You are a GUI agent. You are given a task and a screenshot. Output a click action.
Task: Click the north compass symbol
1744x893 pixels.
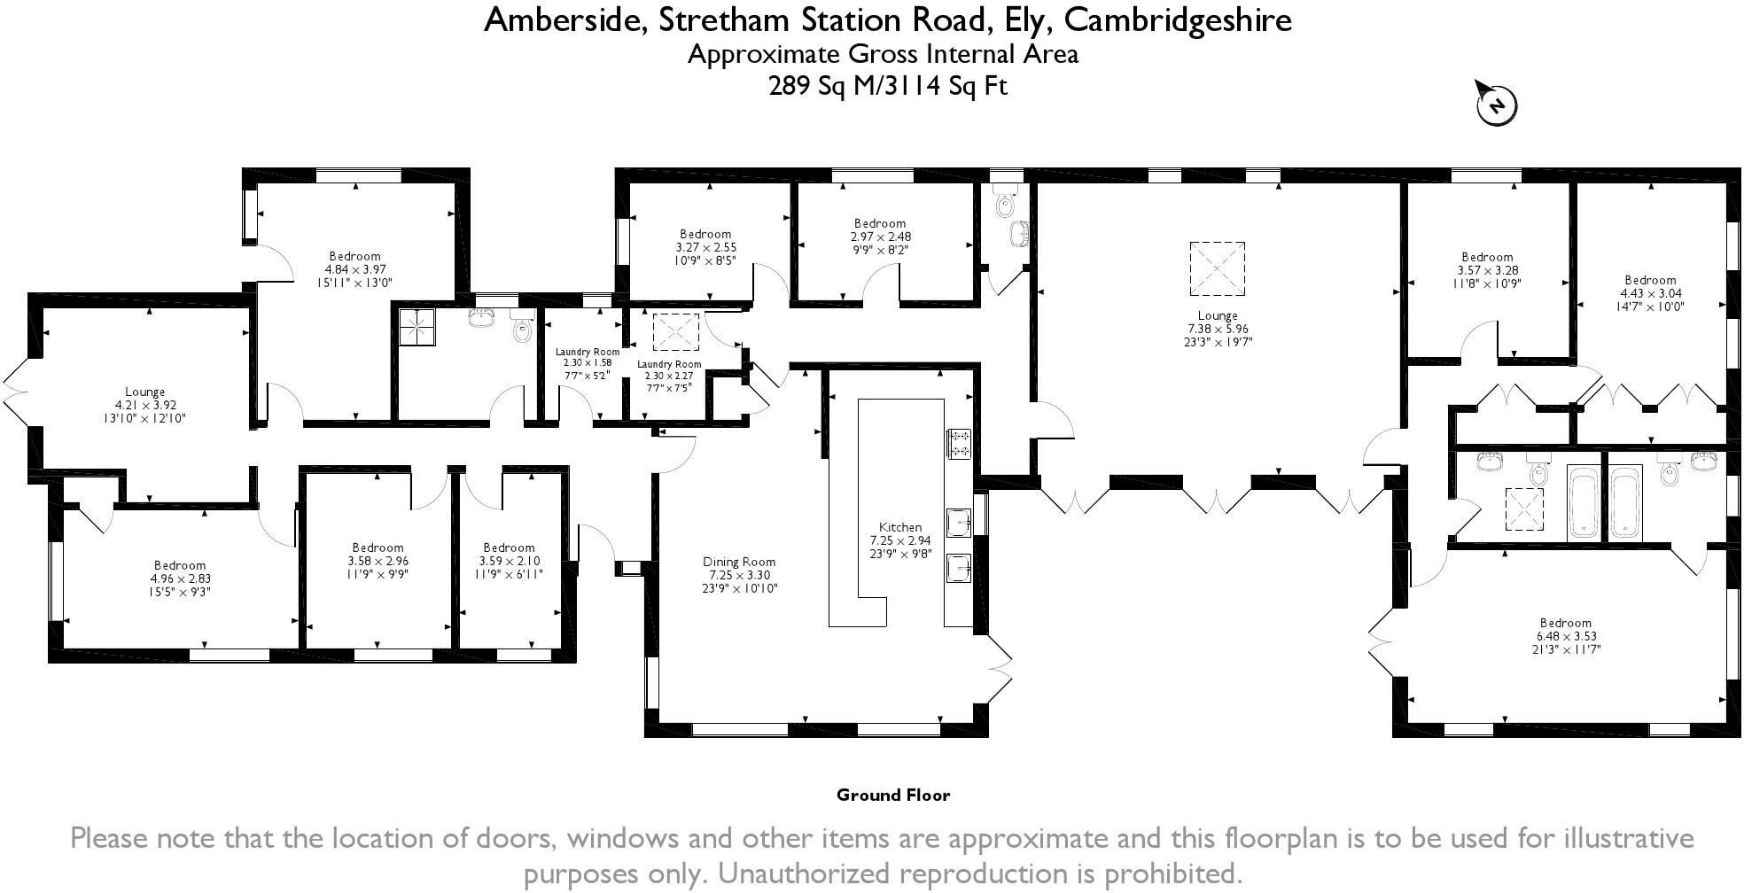1497,105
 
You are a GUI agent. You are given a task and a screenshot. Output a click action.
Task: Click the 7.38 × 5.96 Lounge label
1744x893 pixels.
1217,329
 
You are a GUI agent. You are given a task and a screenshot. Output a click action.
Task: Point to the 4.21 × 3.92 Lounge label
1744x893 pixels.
144,405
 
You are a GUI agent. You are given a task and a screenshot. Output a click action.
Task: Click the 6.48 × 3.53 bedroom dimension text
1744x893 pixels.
1566,636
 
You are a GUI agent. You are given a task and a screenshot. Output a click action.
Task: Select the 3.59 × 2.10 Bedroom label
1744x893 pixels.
509,561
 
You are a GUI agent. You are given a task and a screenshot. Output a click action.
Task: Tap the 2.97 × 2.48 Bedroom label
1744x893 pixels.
880,237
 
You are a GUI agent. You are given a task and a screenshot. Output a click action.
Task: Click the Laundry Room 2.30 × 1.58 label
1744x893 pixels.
588,363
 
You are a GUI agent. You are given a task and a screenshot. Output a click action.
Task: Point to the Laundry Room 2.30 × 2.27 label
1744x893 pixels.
669,376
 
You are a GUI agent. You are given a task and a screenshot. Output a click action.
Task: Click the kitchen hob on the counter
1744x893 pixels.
961,443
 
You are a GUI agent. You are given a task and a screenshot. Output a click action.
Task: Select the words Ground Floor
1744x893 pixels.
892,796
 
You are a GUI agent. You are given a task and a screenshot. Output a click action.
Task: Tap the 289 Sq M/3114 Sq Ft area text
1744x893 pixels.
887,86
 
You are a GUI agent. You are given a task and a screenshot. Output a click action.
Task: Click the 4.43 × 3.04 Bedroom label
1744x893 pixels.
1651,293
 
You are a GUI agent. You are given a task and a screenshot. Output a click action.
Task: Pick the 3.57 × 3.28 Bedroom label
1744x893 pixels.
1487,270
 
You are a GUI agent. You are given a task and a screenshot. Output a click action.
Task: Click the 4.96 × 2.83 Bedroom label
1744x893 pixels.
180,579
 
